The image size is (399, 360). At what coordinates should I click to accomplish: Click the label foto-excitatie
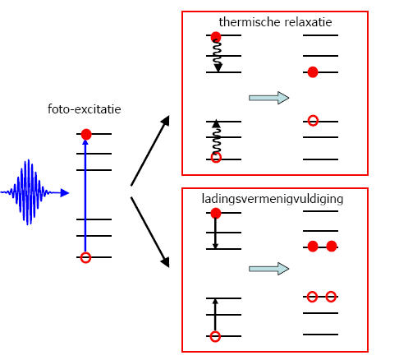click(85, 109)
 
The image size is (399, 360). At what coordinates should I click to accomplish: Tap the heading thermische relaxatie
click(275, 22)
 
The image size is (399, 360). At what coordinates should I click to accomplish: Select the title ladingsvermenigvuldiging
click(273, 199)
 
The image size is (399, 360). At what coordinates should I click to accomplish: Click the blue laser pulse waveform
click(27, 192)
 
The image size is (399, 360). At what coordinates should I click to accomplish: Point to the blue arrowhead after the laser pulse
click(65, 193)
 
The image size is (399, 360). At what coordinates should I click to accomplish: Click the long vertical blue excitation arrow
click(85, 196)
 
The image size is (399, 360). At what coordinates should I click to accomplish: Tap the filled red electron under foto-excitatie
click(86, 134)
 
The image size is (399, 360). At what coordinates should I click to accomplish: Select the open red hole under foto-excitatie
click(85, 258)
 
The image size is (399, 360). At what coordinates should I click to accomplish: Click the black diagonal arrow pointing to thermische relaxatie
click(150, 151)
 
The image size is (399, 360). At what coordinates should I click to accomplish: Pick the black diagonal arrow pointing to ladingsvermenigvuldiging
click(150, 232)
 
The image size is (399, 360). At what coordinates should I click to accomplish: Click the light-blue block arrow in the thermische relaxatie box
click(268, 98)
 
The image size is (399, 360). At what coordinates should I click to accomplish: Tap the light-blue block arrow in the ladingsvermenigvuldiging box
click(268, 269)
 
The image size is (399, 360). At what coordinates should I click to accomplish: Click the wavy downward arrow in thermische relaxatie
click(218, 56)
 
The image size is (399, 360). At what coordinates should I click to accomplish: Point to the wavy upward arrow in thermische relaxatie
click(217, 137)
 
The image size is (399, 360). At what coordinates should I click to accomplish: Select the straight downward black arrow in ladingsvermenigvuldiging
click(215, 233)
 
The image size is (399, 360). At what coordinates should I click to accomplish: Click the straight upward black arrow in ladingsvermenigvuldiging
click(215, 315)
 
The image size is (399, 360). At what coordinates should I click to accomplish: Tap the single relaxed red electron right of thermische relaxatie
click(313, 72)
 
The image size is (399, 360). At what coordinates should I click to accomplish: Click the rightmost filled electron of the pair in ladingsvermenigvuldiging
click(332, 247)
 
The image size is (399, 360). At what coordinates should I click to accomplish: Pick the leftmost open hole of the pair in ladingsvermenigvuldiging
click(312, 297)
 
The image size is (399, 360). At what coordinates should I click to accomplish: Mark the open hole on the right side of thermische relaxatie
click(313, 121)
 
